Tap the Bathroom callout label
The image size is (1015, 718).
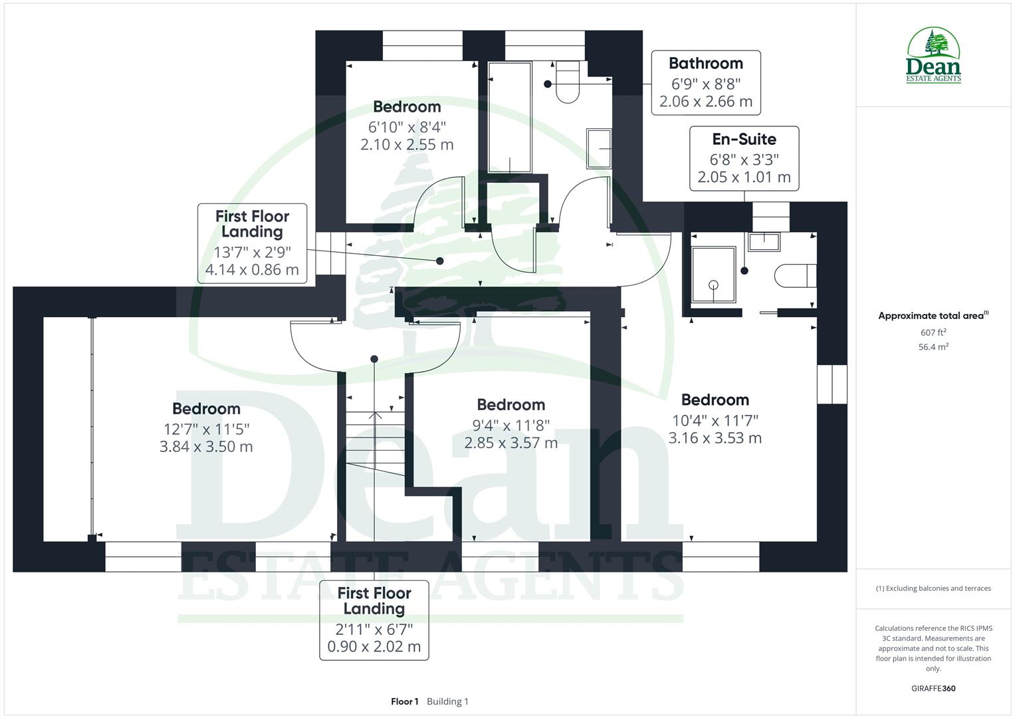coord(705,82)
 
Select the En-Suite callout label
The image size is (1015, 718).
coord(744,158)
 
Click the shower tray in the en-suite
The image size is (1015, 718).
coord(713,274)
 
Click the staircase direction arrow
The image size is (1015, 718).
coord(375,417)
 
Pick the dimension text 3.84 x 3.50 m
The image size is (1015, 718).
coord(206,447)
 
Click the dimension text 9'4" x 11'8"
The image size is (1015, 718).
coord(510,425)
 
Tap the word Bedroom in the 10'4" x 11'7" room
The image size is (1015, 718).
coord(715,400)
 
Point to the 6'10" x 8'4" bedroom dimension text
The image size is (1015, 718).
coord(407,126)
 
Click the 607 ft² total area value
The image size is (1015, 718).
coord(933,332)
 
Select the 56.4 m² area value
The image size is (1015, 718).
coord(933,347)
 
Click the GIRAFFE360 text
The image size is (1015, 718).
coord(933,688)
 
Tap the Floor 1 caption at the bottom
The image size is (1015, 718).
coord(405,701)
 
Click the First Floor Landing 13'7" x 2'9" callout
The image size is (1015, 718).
coord(252,243)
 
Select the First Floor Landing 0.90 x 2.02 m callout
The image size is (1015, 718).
coord(374,620)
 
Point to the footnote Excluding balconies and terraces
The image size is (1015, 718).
coord(933,588)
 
